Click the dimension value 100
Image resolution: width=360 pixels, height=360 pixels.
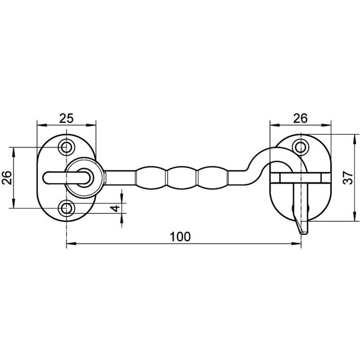180,237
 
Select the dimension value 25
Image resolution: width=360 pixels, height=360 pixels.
66,118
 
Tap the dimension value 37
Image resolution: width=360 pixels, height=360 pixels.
348,177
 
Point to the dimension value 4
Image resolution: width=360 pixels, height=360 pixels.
115,208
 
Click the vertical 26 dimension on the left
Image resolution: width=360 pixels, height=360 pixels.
7,177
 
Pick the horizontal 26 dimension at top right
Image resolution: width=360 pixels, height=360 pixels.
300,118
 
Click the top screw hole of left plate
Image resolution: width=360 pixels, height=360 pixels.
66,147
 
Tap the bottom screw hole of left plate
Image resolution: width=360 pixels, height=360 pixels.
66,208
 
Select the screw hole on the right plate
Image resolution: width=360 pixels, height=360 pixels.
300,147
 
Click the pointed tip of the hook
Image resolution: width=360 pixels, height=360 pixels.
302,233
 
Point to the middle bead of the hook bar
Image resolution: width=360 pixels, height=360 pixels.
183,177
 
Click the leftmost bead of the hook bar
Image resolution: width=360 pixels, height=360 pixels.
152,177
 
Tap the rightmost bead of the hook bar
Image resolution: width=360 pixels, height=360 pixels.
213,177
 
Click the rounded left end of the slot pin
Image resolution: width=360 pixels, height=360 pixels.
46,178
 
